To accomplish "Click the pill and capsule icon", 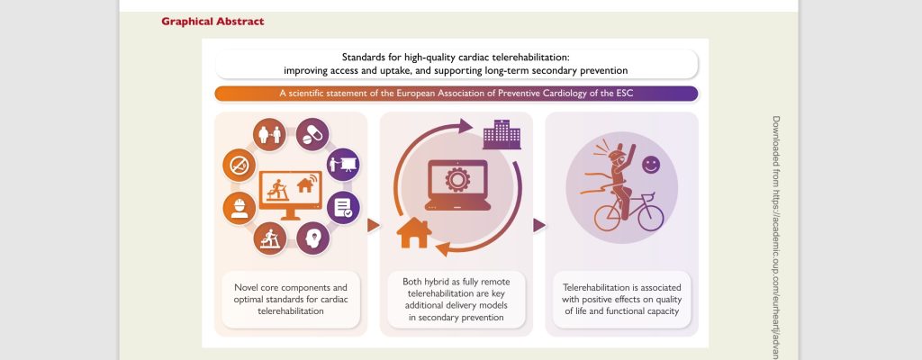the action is [x=312, y=135].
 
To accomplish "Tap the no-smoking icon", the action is [x=240, y=166].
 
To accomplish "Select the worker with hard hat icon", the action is [x=240, y=208].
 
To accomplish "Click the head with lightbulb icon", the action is [x=312, y=238].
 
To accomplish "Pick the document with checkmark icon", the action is [x=343, y=208].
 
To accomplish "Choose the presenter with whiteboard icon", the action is [x=343, y=164].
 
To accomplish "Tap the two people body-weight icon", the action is [x=270, y=135].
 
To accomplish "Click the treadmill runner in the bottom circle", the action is [x=270, y=238].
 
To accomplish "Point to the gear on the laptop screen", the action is [x=456, y=179].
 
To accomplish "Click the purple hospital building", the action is [x=502, y=135].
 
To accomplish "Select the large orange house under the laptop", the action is [x=414, y=232].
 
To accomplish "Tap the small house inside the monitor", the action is [x=304, y=185].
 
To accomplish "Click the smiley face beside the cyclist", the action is [x=651, y=165].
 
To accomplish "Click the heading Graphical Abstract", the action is [x=212, y=22].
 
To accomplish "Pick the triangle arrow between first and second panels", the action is [x=373, y=225].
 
